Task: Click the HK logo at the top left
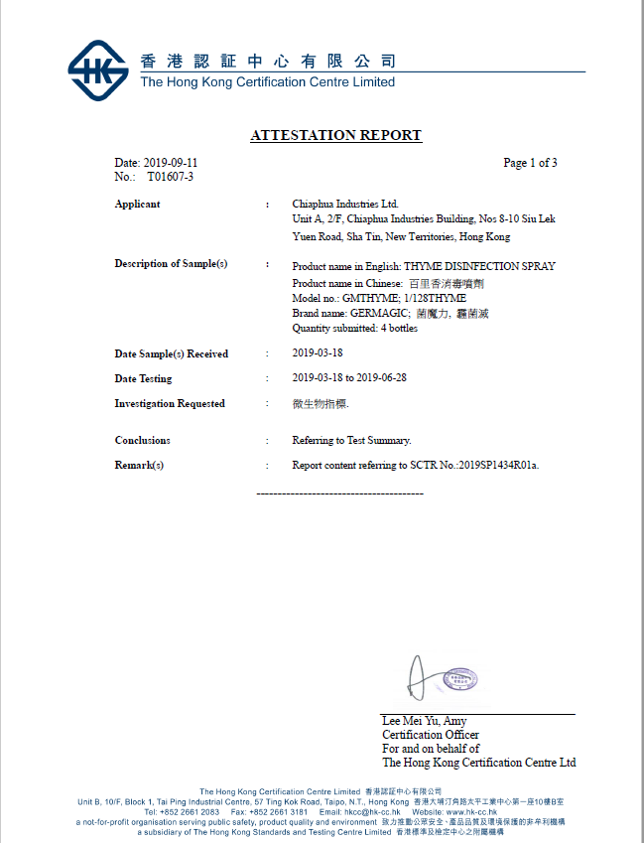pyautogui.click(x=97, y=70)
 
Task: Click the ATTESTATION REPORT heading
pyautogui.click(x=335, y=136)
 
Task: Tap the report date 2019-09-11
pyautogui.click(x=172, y=163)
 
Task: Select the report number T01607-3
pyautogui.click(x=171, y=177)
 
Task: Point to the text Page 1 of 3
pyautogui.click(x=530, y=163)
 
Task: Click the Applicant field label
pyautogui.click(x=137, y=205)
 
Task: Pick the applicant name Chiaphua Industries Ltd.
pyautogui.click(x=345, y=205)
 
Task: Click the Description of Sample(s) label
pyautogui.click(x=171, y=264)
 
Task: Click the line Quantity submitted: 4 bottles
pyautogui.click(x=354, y=329)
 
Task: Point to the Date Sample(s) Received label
pyautogui.click(x=171, y=354)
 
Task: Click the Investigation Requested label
pyautogui.click(x=169, y=404)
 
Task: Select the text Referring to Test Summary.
pyautogui.click(x=351, y=441)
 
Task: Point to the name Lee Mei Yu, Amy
pyautogui.click(x=424, y=721)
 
